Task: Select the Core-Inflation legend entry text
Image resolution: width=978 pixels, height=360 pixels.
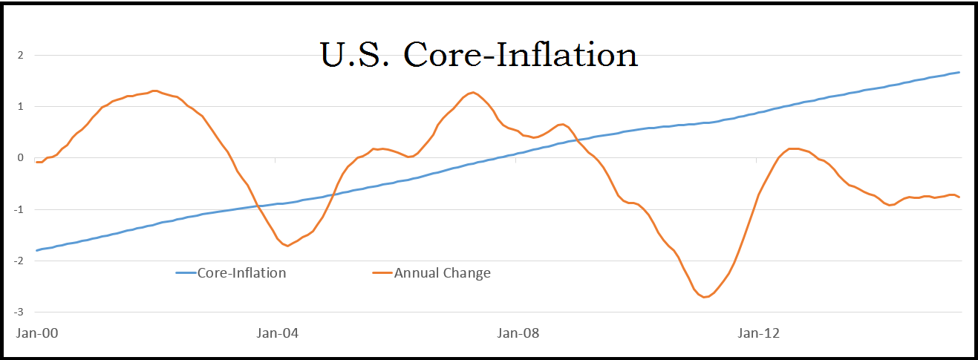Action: (x=241, y=272)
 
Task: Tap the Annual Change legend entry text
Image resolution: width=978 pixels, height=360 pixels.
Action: (x=442, y=272)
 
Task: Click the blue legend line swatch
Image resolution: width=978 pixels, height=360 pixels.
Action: (x=186, y=273)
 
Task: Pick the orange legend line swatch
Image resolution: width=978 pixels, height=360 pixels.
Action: (x=382, y=273)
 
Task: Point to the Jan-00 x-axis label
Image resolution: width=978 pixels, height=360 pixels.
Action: (x=37, y=333)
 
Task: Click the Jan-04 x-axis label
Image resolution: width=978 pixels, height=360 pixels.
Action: (x=277, y=333)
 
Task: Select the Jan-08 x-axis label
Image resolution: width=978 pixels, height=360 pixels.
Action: (x=518, y=333)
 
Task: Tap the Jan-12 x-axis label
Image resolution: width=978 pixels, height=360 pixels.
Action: (x=758, y=333)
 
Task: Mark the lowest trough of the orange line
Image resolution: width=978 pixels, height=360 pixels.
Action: (x=705, y=297)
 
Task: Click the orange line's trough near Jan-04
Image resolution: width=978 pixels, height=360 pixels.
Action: (x=287, y=246)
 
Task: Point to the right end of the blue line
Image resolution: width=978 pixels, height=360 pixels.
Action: (x=959, y=72)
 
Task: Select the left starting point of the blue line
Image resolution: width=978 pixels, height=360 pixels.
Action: (x=36, y=250)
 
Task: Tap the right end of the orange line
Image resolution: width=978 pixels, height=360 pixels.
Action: (x=959, y=197)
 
